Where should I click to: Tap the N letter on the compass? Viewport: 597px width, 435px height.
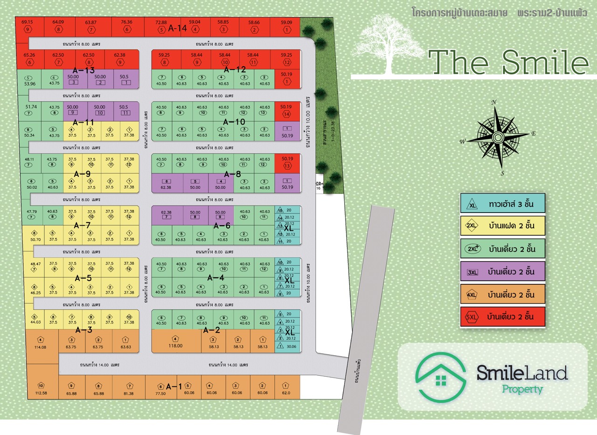click(x=494, y=102)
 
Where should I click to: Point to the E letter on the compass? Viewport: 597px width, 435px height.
click(x=533, y=134)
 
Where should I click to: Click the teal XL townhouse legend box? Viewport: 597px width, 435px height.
click(x=502, y=204)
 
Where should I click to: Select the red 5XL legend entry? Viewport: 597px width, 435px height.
click(x=502, y=317)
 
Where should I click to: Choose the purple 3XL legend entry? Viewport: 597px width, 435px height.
click(x=502, y=271)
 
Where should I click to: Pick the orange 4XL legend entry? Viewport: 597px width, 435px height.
click(x=502, y=295)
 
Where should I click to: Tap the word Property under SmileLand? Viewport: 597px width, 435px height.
click(x=522, y=389)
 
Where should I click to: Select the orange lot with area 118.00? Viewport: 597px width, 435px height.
click(x=175, y=343)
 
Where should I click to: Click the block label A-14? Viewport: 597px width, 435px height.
click(x=177, y=28)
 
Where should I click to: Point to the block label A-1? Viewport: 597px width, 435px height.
click(x=174, y=386)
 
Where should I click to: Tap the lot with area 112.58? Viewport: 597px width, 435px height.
click(x=41, y=389)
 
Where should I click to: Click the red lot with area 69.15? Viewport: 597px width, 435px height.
click(x=28, y=26)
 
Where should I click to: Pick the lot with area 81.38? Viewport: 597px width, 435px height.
click(x=129, y=389)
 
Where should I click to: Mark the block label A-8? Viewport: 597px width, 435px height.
click(x=232, y=174)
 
